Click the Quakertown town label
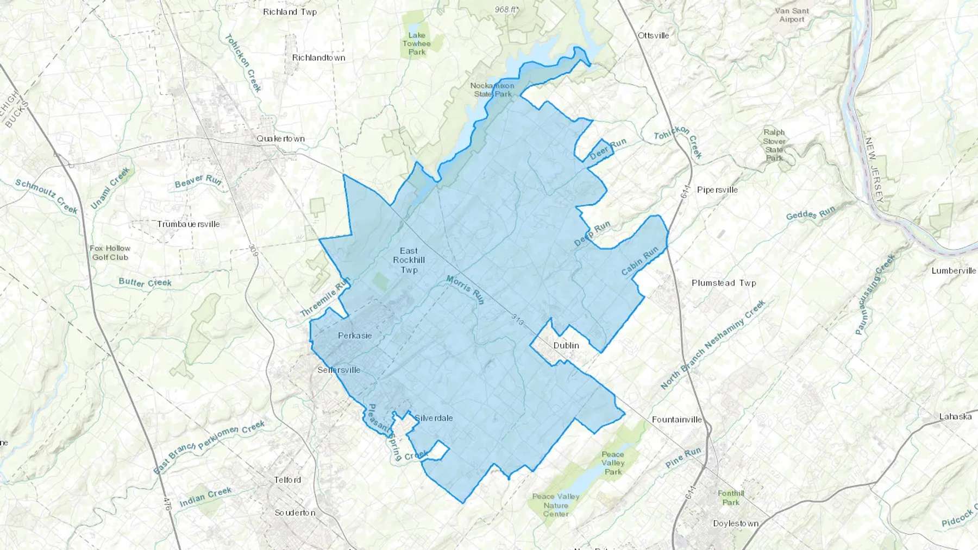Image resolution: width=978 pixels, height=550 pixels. [280, 138]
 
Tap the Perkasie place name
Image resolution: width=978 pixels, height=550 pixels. [355, 336]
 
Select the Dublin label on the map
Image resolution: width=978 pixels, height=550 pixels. [566, 345]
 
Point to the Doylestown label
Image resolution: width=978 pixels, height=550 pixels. [736, 523]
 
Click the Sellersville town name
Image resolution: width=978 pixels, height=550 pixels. [339, 370]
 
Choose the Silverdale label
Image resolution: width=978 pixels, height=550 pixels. [434, 418]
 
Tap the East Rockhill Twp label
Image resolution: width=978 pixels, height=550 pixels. [409, 260]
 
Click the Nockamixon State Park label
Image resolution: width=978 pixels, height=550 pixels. [492, 90]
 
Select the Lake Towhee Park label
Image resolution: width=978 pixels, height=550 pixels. [417, 43]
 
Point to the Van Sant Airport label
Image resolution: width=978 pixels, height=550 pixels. [792, 15]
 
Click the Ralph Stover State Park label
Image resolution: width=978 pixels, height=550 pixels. [774, 145]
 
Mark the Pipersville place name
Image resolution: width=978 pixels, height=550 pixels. [717, 189]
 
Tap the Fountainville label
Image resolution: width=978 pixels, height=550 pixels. [677, 419]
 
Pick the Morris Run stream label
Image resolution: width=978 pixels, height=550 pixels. [465, 289]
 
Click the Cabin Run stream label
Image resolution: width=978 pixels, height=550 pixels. [640, 261]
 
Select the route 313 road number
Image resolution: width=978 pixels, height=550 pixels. [517, 321]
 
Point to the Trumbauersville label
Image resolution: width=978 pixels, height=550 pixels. [189, 224]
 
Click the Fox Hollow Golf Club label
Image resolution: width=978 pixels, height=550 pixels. [110, 252]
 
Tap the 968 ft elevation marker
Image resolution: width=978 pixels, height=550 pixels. [505, 10]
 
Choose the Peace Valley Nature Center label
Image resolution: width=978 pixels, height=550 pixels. [556, 505]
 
